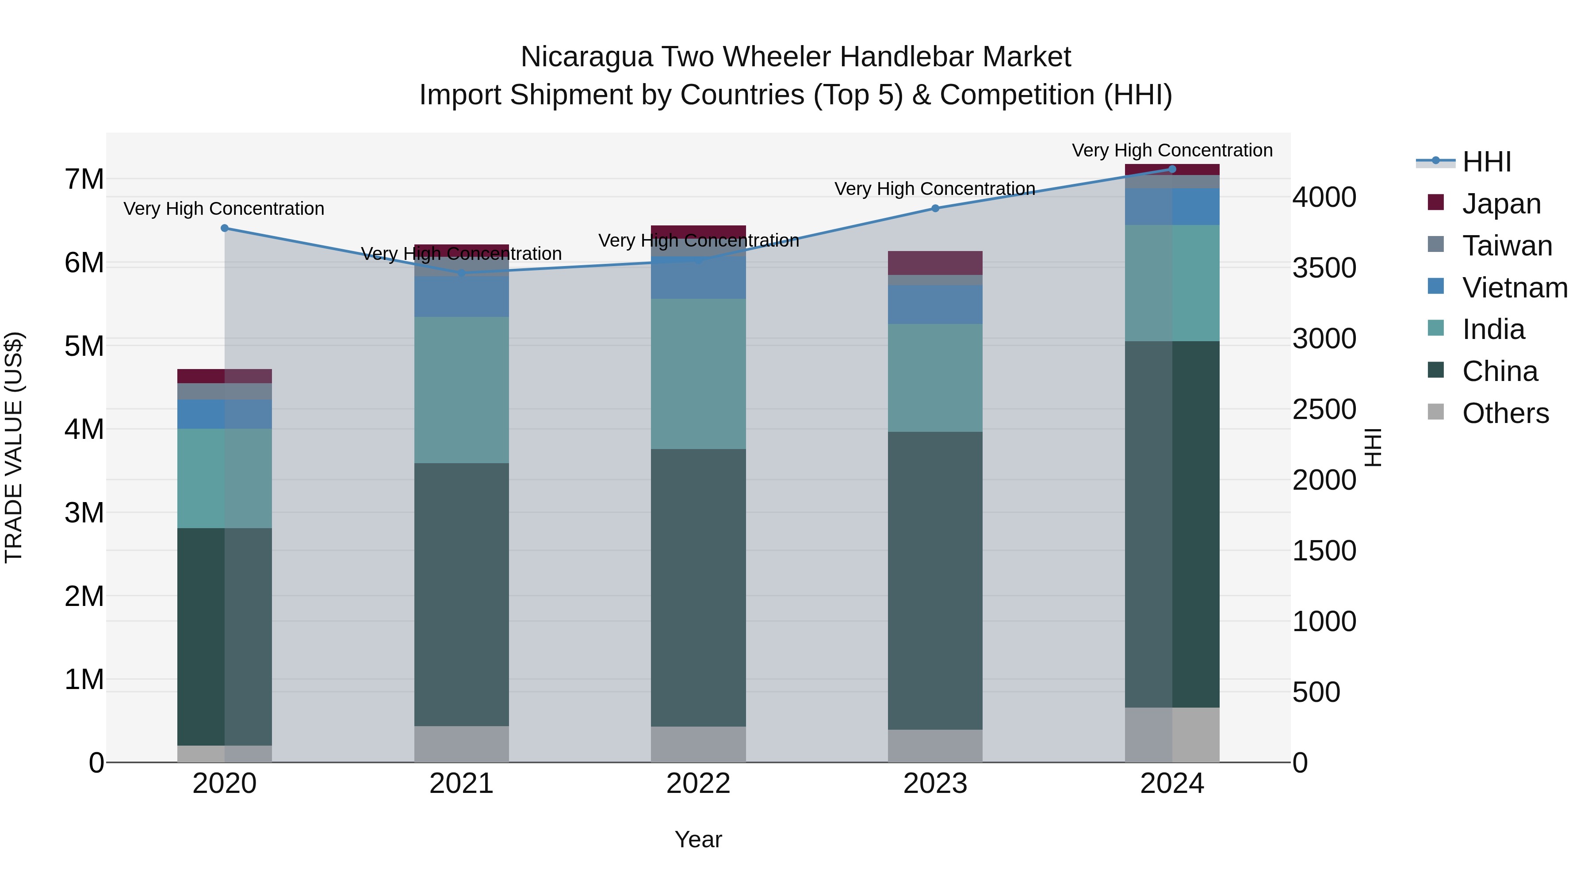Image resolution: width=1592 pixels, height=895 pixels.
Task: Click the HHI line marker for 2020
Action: (224, 228)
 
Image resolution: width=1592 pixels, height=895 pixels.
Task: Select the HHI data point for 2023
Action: (935, 208)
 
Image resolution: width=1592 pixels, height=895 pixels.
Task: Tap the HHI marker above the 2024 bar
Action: (1172, 169)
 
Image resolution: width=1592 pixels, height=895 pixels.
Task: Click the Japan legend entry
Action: (1500, 204)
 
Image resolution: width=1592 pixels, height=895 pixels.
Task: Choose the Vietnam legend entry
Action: (1514, 288)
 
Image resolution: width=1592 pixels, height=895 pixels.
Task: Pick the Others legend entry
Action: (1505, 413)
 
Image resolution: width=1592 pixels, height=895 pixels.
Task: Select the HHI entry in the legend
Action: (1486, 162)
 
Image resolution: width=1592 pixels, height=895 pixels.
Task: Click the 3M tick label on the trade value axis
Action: (84, 513)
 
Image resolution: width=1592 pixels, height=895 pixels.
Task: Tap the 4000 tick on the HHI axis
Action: (1324, 198)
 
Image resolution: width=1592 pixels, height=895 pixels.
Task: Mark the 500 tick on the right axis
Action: (1316, 692)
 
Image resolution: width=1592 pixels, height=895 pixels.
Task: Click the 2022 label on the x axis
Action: (698, 784)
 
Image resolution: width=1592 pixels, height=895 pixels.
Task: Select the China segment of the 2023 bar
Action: (935, 581)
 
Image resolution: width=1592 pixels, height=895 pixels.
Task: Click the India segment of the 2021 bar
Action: (461, 390)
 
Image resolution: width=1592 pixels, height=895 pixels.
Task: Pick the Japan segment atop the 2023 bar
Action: (935, 263)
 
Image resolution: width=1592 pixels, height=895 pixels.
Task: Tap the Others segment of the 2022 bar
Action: (698, 744)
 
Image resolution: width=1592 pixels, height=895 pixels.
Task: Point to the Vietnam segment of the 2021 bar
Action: (461, 297)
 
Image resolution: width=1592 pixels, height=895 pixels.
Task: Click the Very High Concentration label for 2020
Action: (224, 209)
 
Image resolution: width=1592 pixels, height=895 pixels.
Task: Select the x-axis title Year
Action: (698, 839)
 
